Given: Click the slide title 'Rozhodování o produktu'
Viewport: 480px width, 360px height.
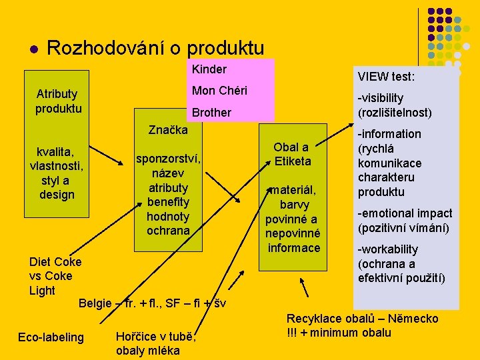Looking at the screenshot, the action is [x=156, y=48].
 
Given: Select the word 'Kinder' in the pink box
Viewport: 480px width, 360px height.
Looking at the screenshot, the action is [x=209, y=69].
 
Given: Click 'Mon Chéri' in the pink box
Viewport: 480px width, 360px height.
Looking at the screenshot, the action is [x=219, y=91].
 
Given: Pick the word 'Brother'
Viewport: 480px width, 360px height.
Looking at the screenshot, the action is [x=211, y=113].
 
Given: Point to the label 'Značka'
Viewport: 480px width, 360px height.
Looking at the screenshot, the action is [x=168, y=129].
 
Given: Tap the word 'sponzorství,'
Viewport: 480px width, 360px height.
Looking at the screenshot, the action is [x=168, y=159].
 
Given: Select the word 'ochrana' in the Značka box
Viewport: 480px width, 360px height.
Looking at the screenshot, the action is [x=168, y=231].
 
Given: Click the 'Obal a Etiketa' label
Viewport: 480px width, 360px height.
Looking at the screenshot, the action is [x=292, y=154].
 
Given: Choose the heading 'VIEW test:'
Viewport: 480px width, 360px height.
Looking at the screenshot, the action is [x=386, y=77].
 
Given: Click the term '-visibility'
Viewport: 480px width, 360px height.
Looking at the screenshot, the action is [x=381, y=98].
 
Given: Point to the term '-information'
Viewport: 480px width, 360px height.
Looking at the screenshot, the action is [x=389, y=134].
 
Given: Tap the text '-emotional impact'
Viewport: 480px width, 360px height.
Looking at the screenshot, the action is [x=405, y=213].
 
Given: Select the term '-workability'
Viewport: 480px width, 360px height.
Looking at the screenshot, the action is [x=388, y=249].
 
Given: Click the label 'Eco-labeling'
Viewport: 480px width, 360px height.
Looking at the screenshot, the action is [x=51, y=337].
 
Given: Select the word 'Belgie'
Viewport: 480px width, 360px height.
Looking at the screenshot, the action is [x=95, y=304].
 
